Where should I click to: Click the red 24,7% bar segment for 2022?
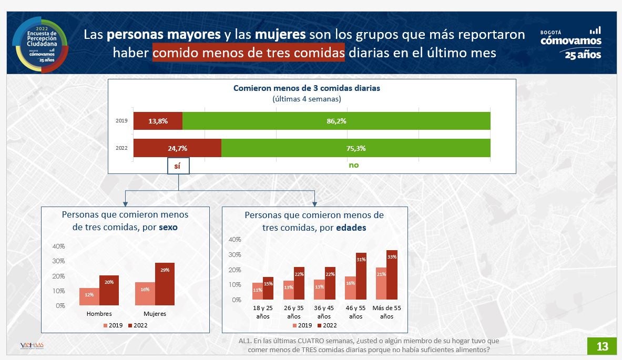pos(177,148)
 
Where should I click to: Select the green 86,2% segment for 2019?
pos(336,121)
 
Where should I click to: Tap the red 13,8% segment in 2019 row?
pos(158,121)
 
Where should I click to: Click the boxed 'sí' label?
pos(178,166)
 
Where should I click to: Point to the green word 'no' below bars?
pos(353,165)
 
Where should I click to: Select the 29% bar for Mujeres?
pos(165,284)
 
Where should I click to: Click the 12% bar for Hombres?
pos(89,296)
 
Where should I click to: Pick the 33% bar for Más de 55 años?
pos(392,275)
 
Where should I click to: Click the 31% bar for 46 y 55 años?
pos(361,276)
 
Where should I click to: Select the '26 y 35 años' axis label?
pos(293,313)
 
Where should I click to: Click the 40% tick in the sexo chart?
pos(58,246)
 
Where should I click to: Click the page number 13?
pos(602,346)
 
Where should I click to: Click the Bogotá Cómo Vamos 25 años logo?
pos(570,43)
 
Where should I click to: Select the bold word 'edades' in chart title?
pos(351,228)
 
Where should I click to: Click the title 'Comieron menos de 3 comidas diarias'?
pos(307,88)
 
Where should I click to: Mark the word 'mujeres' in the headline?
pos(280,35)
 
